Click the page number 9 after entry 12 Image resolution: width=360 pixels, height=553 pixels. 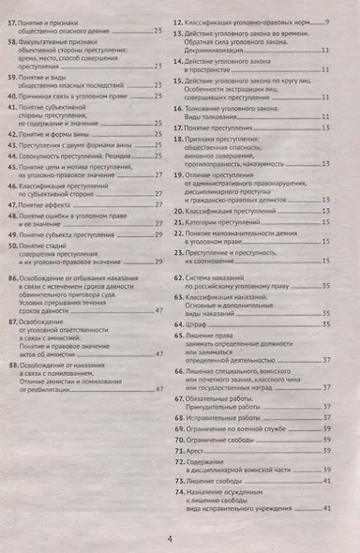(325, 18)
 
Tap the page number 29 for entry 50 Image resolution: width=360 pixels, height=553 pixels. (160, 262)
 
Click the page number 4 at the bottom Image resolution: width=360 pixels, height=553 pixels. (170, 537)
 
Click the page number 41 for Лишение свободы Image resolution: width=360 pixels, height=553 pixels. (326, 480)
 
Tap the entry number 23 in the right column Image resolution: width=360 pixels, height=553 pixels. (187, 254)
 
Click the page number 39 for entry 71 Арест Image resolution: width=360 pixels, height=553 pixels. (326, 450)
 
